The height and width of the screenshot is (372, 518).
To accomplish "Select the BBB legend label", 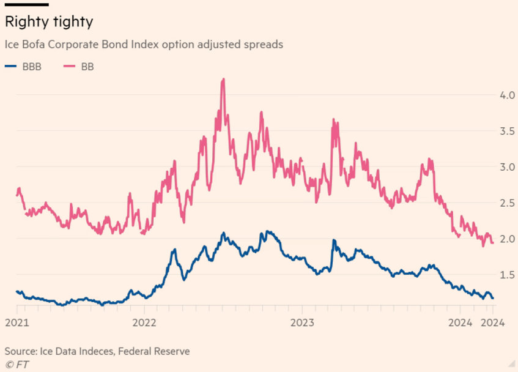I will [x=32, y=67].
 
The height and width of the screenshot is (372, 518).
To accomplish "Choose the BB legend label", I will [x=87, y=67].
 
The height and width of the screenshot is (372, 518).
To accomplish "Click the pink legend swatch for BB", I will [x=68, y=67].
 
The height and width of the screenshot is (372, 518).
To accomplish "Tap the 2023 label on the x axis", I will [x=303, y=323].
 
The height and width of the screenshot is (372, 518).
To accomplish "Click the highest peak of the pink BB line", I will [x=223, y=79].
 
